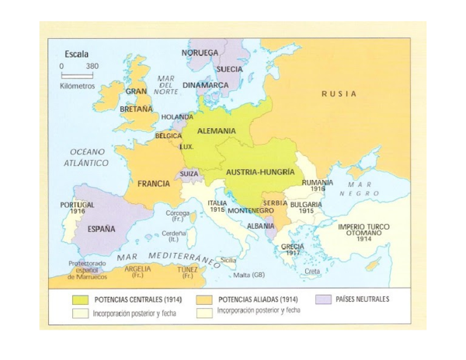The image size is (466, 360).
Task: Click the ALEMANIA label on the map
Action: [216, 131]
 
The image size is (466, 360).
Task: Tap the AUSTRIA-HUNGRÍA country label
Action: [260, 171]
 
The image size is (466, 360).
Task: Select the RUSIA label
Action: [339, 94]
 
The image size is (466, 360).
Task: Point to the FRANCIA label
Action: [154, 184]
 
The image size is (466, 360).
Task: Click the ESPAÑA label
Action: [100, 229]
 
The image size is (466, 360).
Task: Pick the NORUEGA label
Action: [200, 53]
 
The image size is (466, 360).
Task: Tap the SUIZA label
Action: [190, 175]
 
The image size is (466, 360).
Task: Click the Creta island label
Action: [311, 272]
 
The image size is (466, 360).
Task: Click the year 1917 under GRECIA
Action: [292, 253]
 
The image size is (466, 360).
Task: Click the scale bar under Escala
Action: [77, 75]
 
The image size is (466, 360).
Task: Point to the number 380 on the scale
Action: [92, 66]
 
